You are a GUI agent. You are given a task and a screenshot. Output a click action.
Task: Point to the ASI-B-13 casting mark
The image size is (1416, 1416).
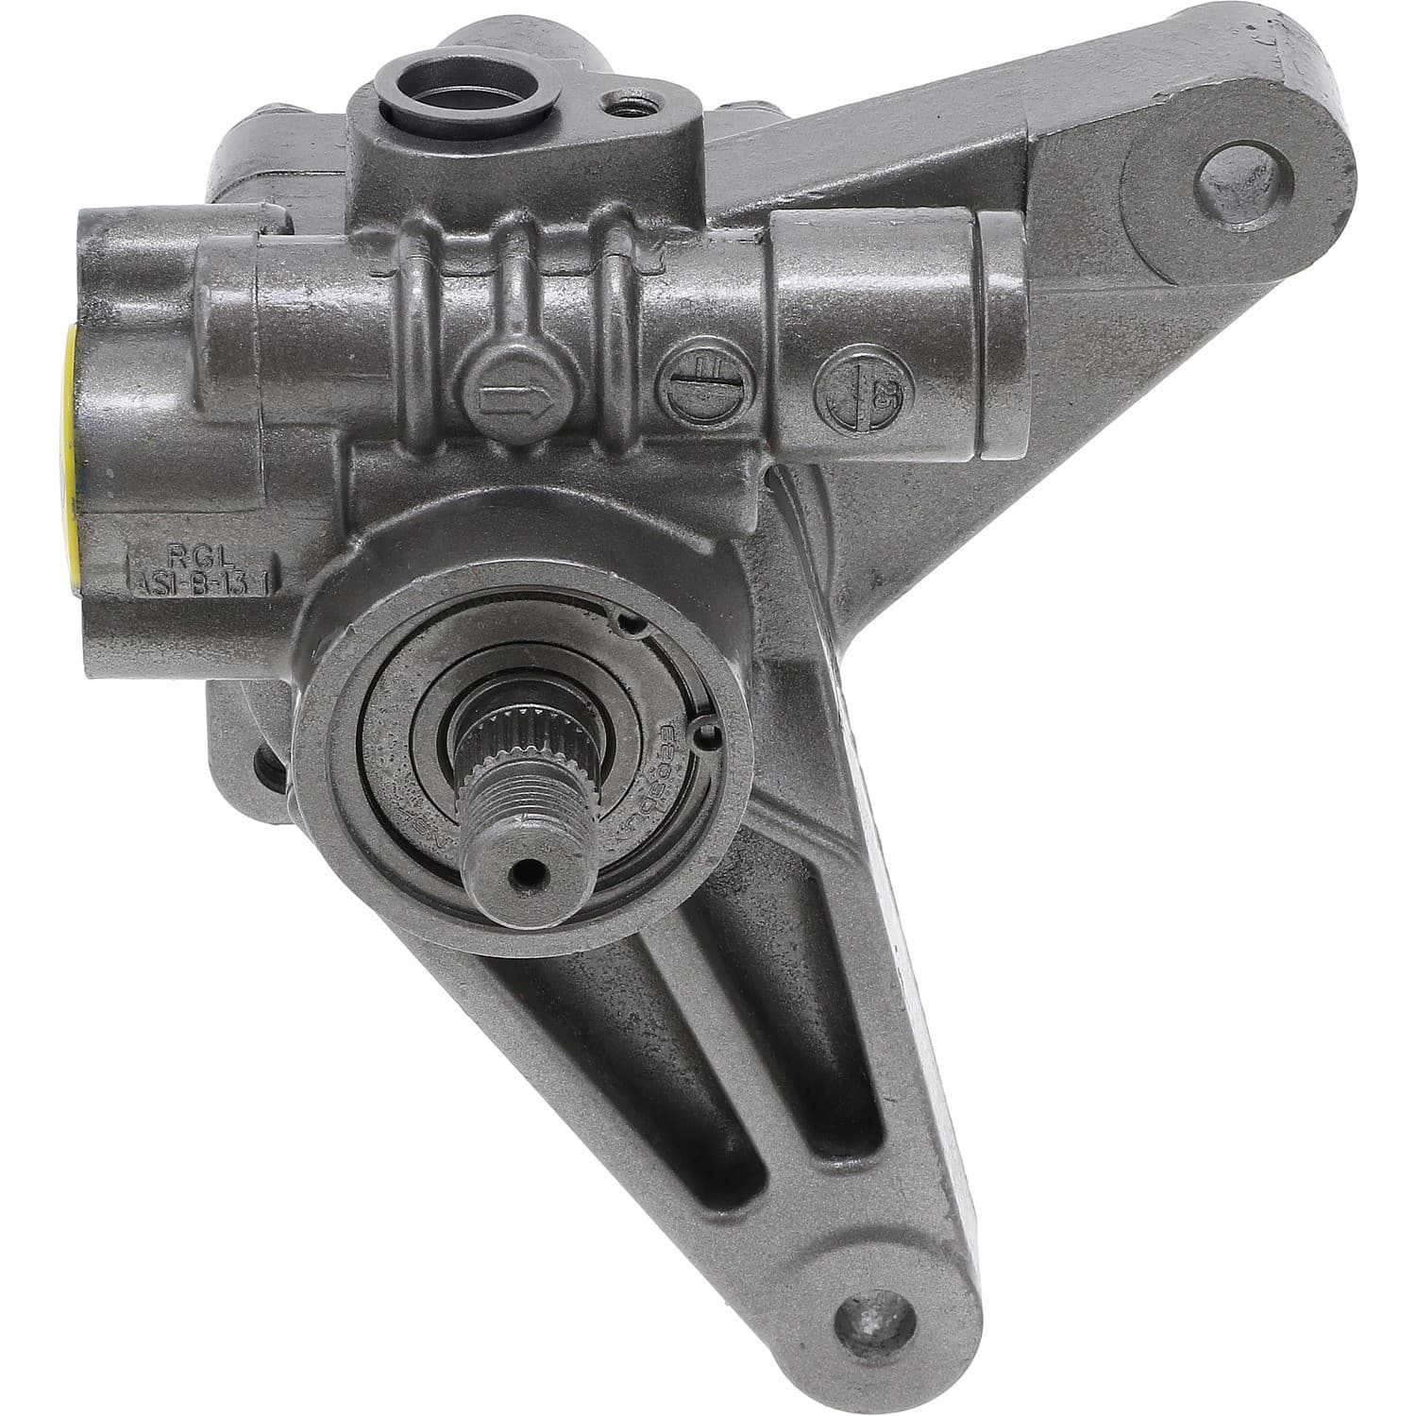(x=199, y=583)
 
